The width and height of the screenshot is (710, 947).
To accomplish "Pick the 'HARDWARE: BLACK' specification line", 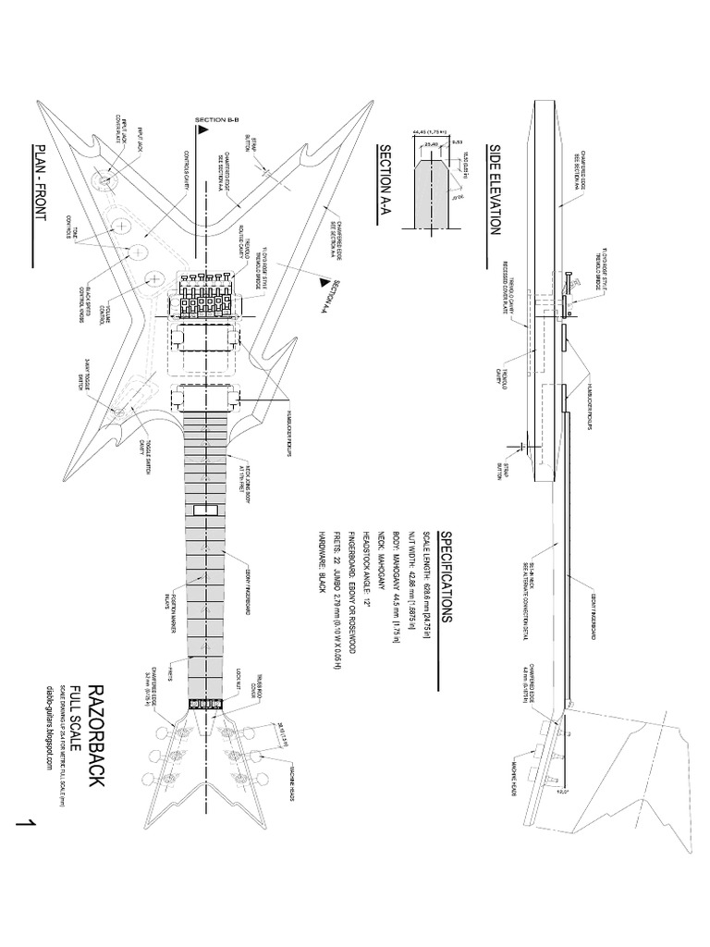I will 320,583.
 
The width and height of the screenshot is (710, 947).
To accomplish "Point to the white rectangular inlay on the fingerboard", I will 204,510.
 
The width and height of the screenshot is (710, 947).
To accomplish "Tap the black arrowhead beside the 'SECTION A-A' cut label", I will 324,275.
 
